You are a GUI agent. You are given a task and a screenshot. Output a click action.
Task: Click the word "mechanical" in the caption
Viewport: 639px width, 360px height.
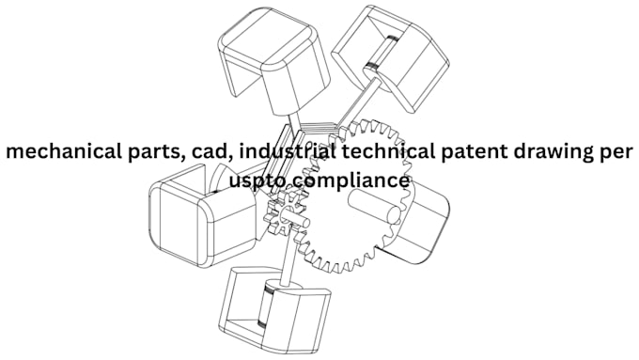coord(64,151)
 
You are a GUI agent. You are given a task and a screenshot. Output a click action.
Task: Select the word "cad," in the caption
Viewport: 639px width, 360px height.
coord(212,152)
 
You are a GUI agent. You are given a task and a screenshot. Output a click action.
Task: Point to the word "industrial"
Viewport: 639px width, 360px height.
coord(288,151)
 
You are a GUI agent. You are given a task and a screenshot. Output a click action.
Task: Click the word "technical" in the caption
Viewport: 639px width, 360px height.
coord(384,151)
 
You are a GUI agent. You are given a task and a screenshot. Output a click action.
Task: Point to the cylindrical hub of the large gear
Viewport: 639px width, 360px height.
coord(374,207)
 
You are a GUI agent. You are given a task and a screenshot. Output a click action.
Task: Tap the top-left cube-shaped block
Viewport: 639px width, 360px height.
coord(273,61)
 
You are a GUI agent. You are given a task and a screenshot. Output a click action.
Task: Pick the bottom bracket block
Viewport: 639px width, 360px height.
coord(274,312)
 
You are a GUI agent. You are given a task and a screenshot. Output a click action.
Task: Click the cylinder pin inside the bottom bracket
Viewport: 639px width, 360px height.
coord(267,304)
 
